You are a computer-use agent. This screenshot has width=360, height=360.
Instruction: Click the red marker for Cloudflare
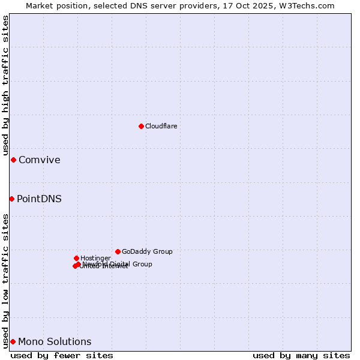141,126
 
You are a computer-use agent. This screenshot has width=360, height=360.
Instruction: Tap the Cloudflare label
161,126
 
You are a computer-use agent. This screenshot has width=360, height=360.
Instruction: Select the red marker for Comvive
13,160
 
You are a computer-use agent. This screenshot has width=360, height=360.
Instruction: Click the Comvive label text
39,160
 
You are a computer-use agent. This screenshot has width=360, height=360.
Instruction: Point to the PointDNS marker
11,199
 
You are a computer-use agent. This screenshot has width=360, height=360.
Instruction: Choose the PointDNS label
39,199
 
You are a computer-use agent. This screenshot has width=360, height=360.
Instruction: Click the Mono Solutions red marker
13,341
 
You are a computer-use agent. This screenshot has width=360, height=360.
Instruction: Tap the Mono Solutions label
55,342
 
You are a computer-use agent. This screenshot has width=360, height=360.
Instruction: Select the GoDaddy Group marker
118,251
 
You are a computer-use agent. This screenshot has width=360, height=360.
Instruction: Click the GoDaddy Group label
147,252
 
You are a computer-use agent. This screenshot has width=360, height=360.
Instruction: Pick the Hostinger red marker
76,258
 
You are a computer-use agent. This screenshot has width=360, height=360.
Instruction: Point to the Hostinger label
95,259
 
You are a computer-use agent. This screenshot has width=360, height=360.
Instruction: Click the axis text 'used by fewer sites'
62,356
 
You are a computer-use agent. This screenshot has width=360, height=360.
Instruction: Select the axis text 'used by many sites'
301,356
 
